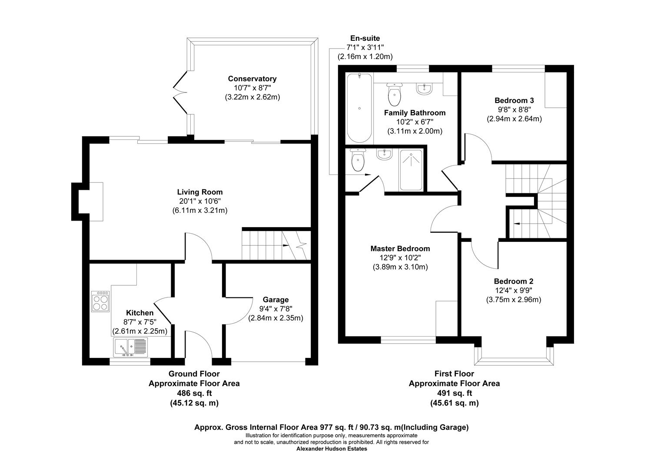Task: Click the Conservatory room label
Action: [252, 79]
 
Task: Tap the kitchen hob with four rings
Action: [100, 301]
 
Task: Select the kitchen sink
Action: [130, 347]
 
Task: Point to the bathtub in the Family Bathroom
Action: [359, 108]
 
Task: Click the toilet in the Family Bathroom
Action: [394, 95]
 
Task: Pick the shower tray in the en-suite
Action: [411, 170]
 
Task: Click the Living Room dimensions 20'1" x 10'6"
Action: [199, 201]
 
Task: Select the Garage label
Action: [276, 300]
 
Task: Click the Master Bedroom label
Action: [400, 249]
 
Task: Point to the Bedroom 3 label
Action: [514, 100]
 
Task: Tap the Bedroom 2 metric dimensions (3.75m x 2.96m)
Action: [513, 300]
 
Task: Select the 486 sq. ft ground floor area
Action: [194, 393]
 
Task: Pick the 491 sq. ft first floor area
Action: [454, 393]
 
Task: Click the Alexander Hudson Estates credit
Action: [332, 449]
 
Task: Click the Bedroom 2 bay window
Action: [514, 359]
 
